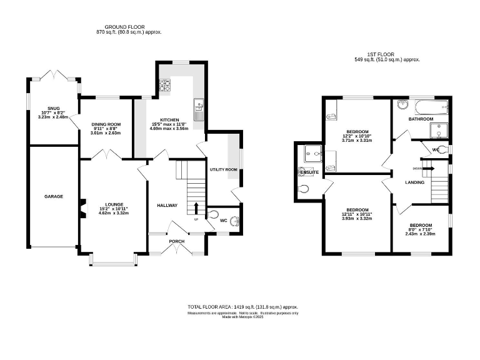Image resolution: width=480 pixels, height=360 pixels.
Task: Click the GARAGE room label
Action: [x=53, y=196]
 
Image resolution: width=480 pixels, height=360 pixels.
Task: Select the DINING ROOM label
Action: [x=106, y=124]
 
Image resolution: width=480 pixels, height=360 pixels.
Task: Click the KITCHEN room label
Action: [x=169, y=120]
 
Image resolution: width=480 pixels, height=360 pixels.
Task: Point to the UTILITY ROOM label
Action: [x=223, y=169]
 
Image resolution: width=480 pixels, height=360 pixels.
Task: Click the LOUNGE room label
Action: [x=113, y=204]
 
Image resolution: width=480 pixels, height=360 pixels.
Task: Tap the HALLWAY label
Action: [x=167, y=205]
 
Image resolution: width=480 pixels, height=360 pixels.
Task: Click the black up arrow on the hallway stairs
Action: [x=197, y=207]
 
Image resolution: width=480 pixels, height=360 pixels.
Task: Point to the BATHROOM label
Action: [x=421, y=119]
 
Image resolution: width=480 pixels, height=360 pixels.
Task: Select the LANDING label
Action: [x=414, y=182]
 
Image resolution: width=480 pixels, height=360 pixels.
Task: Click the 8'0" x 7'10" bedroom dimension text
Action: [x=421, y=233]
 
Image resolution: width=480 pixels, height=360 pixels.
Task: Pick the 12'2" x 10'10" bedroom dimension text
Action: [x=357, y=136]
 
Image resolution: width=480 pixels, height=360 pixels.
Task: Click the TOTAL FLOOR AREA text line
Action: [x=243, y=307]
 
